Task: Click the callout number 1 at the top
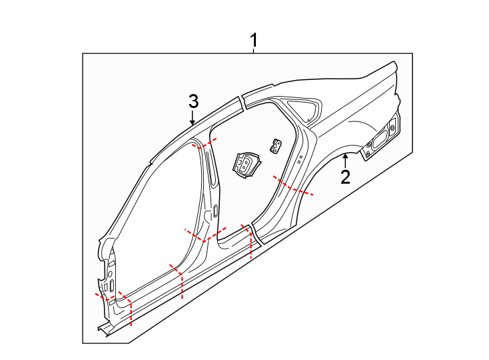tap(254, 41)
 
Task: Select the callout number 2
tap(345, 177)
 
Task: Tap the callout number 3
tap(193, 102)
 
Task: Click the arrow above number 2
tap(345, 159)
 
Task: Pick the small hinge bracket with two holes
tap(275, 145)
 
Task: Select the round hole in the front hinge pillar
tap(109, 275)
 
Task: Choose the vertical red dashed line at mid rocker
tap(182, 285)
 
